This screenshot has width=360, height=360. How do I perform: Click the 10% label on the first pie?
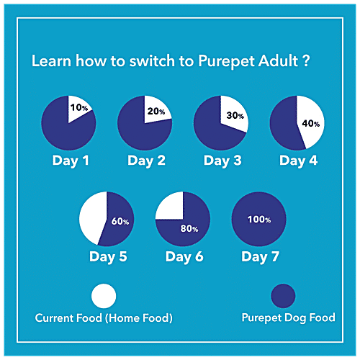tap(78, 108)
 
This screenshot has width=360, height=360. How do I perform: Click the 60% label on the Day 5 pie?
tap(120, 222)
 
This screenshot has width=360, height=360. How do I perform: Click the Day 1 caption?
tap(71, 160)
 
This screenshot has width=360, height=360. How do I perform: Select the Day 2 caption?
tap(147, 160)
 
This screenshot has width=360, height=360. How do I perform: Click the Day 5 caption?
tap(108, 256)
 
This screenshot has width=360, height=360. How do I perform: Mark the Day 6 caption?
tap(184, 256)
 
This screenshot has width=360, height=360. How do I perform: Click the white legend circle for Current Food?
tap(104, 295)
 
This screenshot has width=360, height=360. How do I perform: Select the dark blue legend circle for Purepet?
tap(283, 295)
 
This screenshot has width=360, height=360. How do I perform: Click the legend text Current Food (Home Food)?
tap(104, 318)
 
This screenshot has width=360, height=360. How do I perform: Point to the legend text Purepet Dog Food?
tap(288, 318)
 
